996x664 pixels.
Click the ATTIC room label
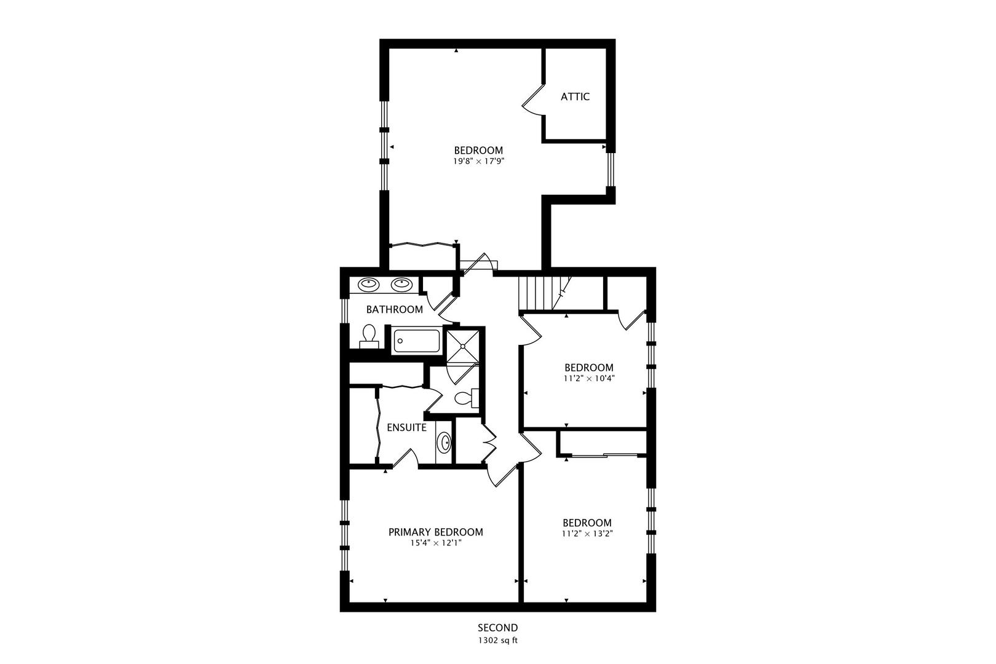coord(575,97)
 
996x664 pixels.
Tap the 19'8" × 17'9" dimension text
coord(478,162)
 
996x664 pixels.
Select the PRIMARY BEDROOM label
coord(435,532)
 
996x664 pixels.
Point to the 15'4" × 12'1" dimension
coord(435,543)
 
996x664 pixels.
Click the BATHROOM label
coord(394,309)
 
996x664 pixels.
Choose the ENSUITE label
coord(406,427)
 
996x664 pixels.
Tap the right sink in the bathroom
coord(401,284)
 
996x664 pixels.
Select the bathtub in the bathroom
coord(416,341)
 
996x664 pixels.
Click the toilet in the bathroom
coord(369,335)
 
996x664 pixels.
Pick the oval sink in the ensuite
coord(443,443)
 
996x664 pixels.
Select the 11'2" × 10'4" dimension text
coord(588,379)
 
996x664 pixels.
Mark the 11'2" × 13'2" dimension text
coord(587,534)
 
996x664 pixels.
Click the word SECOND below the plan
coord(497,628)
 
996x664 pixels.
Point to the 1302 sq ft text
coord(497,640)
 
